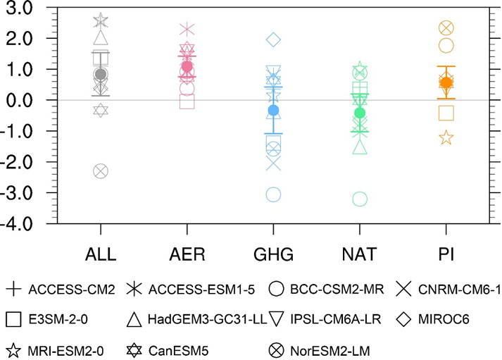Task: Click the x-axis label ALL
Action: click(100, 253)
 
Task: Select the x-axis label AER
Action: click(187, 253)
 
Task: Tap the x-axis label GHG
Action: click(273, 253)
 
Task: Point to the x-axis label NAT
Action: click(360, 253)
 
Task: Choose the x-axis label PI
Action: click(446, 253)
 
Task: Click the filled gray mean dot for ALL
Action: click(100, 74)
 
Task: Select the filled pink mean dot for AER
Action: click(187, 66)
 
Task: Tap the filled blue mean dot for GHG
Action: click(273, 110)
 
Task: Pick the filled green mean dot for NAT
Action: click(360, 113)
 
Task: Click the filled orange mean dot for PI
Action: click(446, 82)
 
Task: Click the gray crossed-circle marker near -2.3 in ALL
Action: click(100, 170)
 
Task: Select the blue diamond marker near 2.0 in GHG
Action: click(273, 39)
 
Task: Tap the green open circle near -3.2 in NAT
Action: click(360, 199)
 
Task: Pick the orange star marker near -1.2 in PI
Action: click(446, 137)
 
